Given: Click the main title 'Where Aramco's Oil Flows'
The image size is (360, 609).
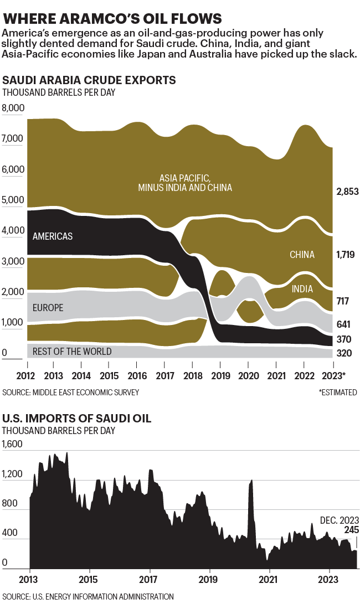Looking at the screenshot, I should [114, 18].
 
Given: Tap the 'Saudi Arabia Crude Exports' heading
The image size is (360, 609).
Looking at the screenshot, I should [89, 80].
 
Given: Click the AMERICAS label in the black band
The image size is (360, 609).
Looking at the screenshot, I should [53, 236].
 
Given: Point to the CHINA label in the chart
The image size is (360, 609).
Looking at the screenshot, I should [302, 255].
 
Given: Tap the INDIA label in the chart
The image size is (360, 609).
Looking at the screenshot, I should [302, 288].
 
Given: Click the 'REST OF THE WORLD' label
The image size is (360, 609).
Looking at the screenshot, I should [72, 352].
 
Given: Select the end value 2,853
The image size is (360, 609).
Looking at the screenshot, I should [347, 192].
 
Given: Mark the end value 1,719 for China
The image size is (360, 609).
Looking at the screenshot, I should [347, 255].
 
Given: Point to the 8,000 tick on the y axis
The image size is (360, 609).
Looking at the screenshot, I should [14, 108].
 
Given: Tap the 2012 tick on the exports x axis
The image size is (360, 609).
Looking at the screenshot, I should [27, 376].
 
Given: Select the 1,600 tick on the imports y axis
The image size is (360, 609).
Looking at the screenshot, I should [14, 444].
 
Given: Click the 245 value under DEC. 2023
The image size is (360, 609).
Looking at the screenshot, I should [351, 530].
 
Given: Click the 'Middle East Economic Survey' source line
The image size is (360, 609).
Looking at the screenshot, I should [70, 393].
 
